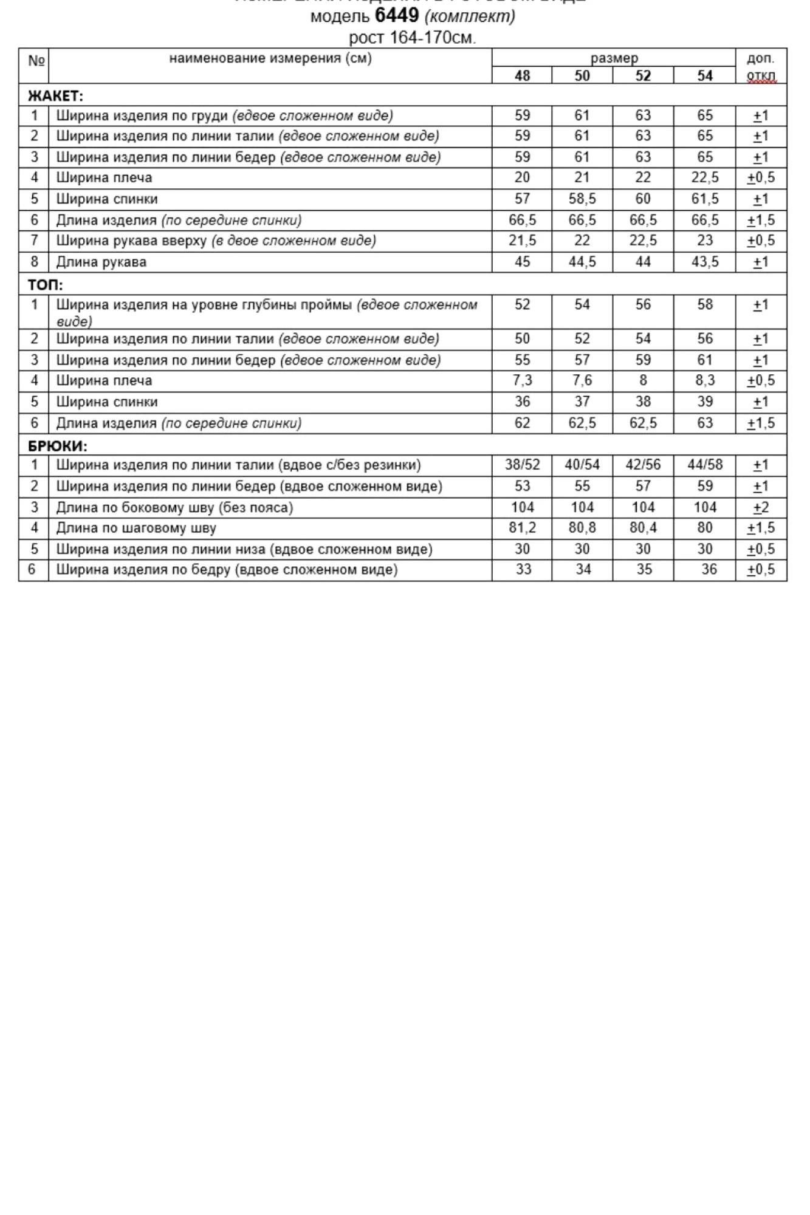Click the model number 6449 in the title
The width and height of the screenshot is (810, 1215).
coord(397,15)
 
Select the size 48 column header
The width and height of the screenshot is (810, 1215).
coord(522,76)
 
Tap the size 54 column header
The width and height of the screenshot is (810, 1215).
coord(704,76)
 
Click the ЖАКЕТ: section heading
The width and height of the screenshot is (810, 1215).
coord(55,96)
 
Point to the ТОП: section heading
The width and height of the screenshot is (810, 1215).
coord(46,285)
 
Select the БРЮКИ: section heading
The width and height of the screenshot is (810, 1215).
coord(58,446)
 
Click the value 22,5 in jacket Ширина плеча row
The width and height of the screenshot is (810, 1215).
coord(704,178)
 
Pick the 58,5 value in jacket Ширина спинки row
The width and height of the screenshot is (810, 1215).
coord(582,199)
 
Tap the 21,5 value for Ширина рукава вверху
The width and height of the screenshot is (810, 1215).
coord(522,241)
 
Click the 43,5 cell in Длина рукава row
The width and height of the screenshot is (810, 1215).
coord(704,262)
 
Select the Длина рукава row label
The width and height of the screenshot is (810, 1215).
coord(101,262)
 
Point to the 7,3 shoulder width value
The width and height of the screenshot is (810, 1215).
coord(522,381)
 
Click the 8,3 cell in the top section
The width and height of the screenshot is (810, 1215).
coord(704,381)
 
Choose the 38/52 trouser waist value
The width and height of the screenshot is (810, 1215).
coord(522,465)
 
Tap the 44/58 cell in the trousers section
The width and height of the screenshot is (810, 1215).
coord(705,465)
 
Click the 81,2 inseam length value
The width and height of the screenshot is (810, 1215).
coord(522,528)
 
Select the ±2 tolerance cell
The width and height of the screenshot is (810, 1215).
coord(761,508)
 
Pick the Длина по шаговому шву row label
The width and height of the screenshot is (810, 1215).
coord(136,529)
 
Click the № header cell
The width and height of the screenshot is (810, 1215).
coord(36,61)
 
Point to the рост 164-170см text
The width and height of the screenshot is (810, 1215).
coord(412,38)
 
